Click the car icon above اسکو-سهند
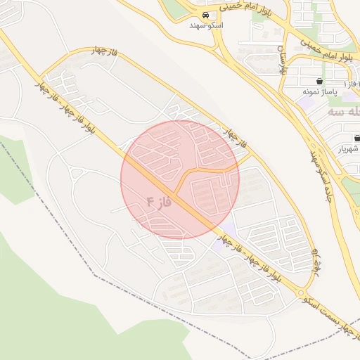(x=205, y=15)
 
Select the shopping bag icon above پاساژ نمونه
(x=321, y=82)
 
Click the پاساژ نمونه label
(x=321, y=92)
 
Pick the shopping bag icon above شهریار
(x=356, y=138)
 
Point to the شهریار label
(x=349, y=148)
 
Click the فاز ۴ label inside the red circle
(x=159, y=202)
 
